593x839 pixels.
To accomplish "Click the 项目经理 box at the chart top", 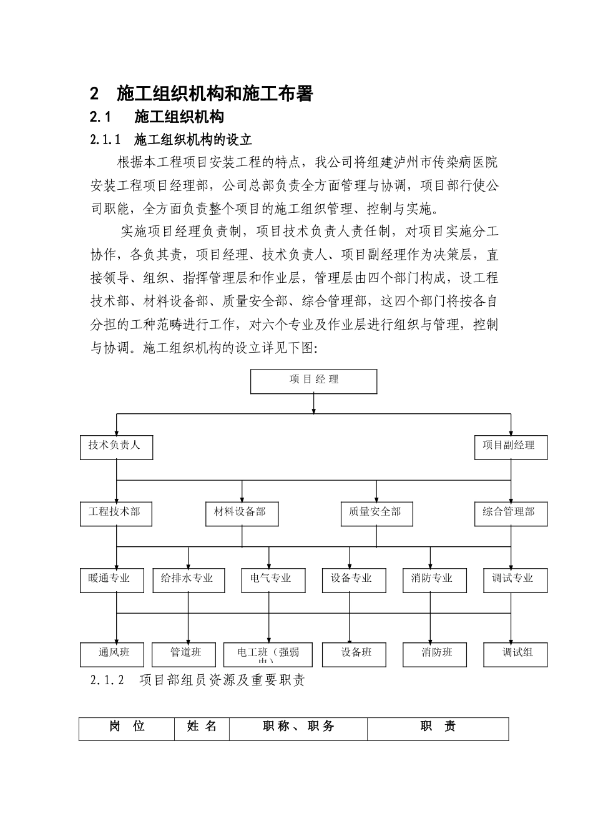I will pos(313,381).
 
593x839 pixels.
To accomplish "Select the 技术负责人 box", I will pos(116,448).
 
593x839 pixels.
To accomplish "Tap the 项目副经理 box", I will pos(511,448).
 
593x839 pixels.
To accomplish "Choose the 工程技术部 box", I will pos(116,514).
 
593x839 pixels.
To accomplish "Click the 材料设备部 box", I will pos(242,514).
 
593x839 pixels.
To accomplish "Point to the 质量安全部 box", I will pos(376,514).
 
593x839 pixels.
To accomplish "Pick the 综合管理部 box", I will pos(511,514).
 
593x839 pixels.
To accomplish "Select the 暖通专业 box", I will pos(112,581).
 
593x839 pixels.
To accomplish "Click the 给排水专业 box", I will pos(187,581).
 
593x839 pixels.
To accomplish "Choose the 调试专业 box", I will pos(515,581).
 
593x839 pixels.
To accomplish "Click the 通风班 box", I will pos(113,654).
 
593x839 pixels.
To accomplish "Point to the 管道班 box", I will pos(185,654).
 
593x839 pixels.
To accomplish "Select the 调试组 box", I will pos(516,654).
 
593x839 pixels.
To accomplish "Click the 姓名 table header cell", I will pos(202,729).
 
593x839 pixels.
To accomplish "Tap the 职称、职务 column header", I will pos(298,729).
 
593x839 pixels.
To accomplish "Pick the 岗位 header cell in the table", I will pos(127,729).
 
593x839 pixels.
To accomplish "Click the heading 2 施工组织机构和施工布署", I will pos(202,94).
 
